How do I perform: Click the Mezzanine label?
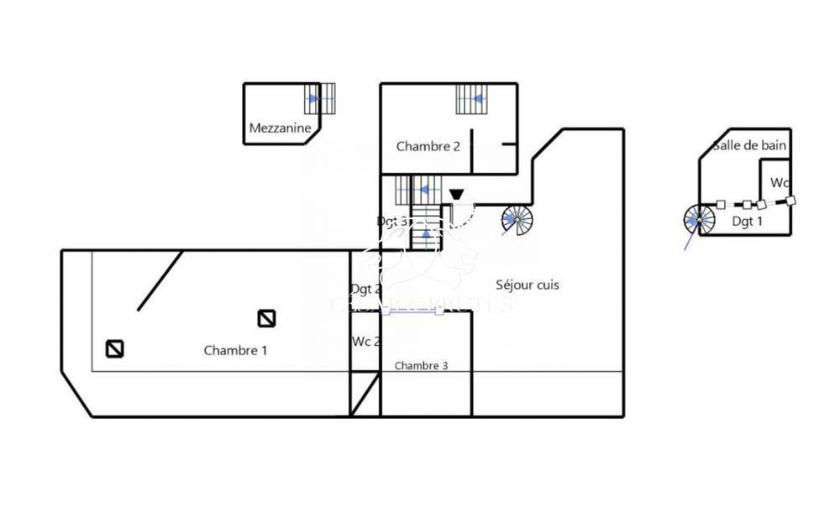[x=281, y=128]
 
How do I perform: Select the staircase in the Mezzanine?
[x=320, y=98]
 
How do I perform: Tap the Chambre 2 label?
[x=428, y=146]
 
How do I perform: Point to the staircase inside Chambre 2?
[x=473, y=99]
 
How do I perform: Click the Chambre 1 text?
[x=235, y=350]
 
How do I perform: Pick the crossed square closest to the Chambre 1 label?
[x=267, y=318]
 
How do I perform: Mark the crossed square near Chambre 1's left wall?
[x=115, y=348]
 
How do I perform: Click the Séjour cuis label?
[x=528, y=285]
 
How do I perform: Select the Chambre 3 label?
[x=421, y=365]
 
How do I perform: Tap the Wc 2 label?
[x=365, y=342]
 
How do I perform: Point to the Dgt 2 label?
[x=365, y=289]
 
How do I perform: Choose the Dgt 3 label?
[x=391, y=221]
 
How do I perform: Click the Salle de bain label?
[x=749, y=145]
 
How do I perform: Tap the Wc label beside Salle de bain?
[x=779, y=182]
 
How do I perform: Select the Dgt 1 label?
[x=747, y=222]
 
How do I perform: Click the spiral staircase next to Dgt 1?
[x=699, y=221]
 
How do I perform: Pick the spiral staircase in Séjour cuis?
[x=517, y=220]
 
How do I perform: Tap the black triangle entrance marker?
[x=455, y=195]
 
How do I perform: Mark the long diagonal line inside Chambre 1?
[x=160, y=280]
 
